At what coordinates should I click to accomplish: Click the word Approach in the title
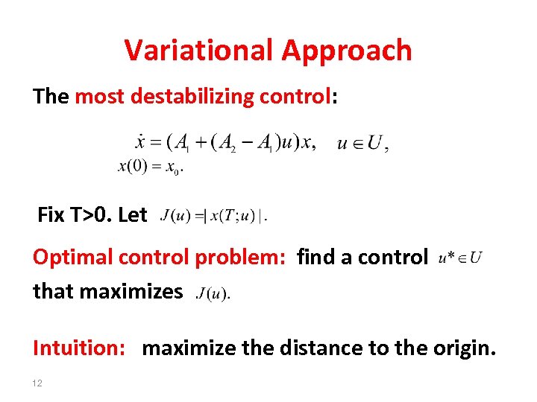point(347,51)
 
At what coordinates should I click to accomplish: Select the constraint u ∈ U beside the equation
point(362,144)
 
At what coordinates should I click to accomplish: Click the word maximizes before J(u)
point(141,291)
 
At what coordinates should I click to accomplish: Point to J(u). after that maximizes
point(213,293)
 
